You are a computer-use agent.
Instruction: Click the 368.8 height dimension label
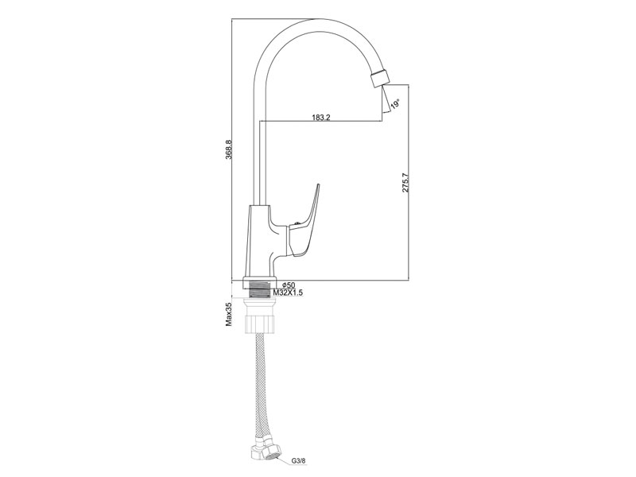tap(229, 149)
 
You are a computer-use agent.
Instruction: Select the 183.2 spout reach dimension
tap(321, 117)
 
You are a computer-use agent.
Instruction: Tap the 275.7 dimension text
tap(405, 183)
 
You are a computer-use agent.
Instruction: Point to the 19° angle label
tap(395, 103)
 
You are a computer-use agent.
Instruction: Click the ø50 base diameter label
tap(288, 285)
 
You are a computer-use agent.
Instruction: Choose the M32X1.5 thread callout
tap(288, 292)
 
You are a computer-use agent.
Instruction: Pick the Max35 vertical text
tap(229, 314)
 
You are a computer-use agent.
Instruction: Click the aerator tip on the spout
tap(380, 78)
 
